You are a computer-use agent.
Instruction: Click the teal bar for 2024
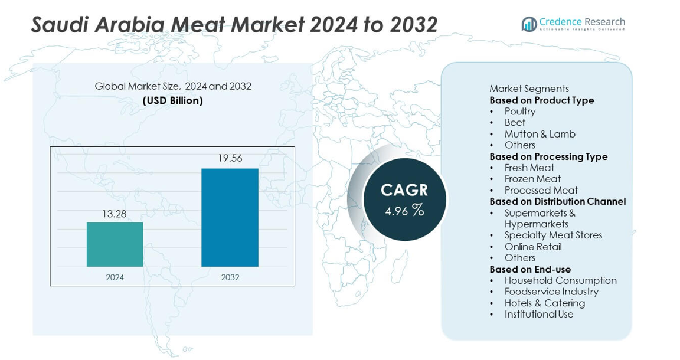[115, 244]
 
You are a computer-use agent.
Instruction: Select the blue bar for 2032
[230, 217]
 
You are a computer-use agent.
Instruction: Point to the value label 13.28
[115, 214]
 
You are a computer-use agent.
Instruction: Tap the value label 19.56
[230, 158]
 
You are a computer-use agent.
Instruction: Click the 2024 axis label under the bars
[115, 277]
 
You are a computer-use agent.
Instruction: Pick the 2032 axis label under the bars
[230, 277]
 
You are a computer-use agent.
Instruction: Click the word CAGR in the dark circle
[404, 190]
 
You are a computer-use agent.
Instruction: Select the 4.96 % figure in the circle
[404, 210]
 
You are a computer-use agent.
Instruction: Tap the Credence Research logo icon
[529, 24]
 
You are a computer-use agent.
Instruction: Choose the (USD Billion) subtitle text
[173, 100]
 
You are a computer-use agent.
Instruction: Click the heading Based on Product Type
[541, 100]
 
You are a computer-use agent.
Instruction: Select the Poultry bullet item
[520, 112]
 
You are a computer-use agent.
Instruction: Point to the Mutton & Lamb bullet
[540, 134]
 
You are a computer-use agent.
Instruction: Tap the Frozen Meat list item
[532, 179]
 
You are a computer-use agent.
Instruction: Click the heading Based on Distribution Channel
[557, 201]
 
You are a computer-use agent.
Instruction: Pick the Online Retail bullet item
[533, 247]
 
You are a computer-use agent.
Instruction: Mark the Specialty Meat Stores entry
[553, 235]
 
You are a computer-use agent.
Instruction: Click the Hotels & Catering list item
[544, 303]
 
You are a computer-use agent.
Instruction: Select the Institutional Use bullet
[539, 315]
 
